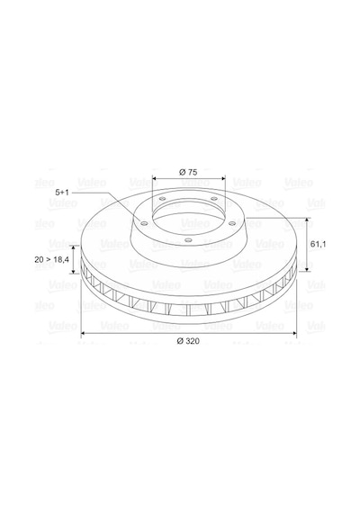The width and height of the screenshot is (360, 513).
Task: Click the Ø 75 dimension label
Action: pos(188,172)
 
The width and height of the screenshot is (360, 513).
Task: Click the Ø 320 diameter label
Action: pos(188,341)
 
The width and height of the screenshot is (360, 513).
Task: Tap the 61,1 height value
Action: pos(318,244)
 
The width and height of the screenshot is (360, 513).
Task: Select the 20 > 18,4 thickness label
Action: pos(51,259)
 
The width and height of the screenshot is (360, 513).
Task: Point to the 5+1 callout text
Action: pos(62,193)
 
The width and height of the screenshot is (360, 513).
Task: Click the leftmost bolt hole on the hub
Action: pos(144,223)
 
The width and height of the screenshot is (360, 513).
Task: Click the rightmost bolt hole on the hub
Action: pos(231,223)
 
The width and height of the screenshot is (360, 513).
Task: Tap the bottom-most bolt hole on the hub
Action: pos(188,240)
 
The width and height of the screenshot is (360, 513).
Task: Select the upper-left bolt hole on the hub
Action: pos(162,199)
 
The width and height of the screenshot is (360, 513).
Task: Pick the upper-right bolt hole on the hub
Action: pos(213,199)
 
